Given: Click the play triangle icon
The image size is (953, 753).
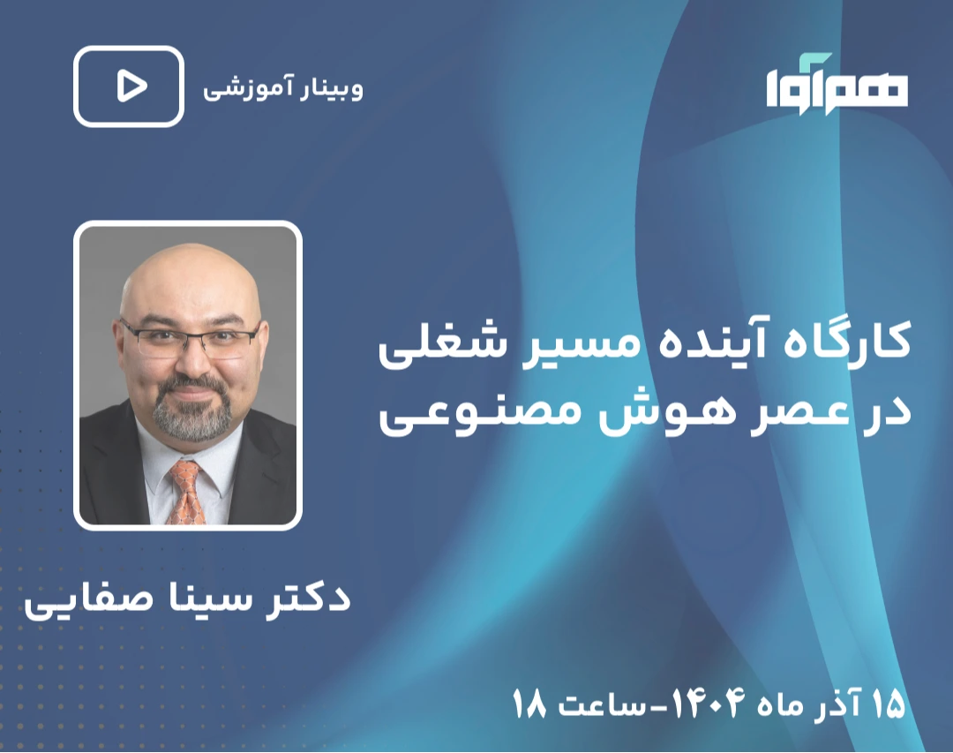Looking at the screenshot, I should click(x=131, y=87).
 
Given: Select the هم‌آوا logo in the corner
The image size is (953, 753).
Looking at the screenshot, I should click(x=837, y=84).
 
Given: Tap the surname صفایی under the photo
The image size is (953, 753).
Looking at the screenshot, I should click(x=76, y=600).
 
